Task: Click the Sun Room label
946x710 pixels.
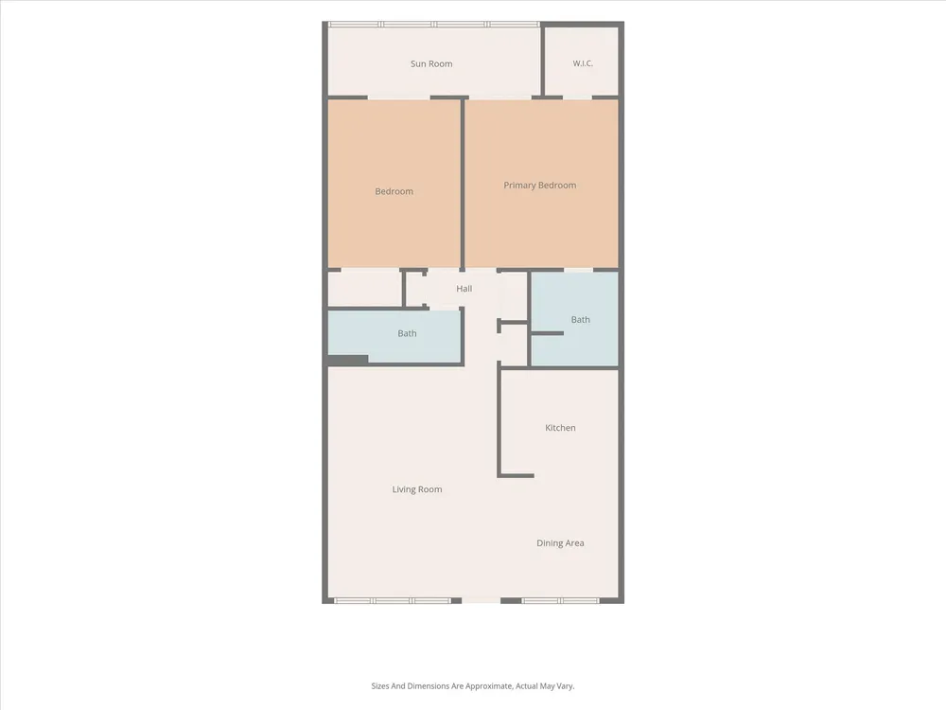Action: (431, 63)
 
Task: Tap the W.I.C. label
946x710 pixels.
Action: (583, 62)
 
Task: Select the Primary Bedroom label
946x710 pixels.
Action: (540, 186)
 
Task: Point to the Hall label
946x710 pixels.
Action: (464, 289)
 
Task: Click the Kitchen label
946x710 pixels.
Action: (560, 428)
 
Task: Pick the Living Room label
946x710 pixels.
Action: (417, 489)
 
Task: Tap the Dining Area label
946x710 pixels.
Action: (560, 542)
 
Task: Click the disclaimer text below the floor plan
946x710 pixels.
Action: (473, 685)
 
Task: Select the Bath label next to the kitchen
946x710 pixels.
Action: (581, 319)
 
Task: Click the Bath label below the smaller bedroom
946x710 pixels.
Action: (407, 333)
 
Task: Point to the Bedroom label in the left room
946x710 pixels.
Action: (394, 191)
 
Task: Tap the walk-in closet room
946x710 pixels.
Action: (582, 61)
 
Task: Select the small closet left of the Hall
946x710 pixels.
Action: (364, 289)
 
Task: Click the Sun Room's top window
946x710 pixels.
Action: (434, 25)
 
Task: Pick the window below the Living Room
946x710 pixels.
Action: (393, 601)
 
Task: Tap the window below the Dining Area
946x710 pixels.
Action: (560, 601)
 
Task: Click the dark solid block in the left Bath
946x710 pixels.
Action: (347, 361)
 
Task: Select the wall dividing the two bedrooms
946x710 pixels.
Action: (463, 185)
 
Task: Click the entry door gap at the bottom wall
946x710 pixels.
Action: (481, 601)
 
